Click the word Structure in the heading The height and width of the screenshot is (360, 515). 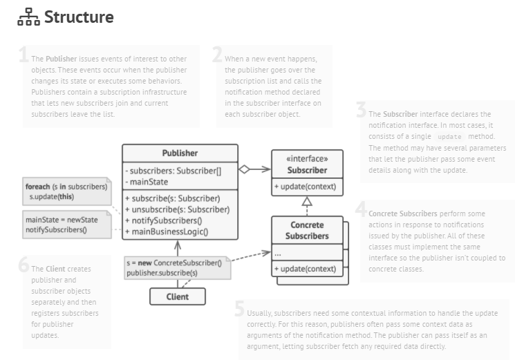(x=79, y=17)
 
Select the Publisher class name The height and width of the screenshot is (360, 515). (x=180, y=153)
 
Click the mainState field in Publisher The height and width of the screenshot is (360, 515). (x=149, y=182)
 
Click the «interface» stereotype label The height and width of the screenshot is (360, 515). (x=306, y=158)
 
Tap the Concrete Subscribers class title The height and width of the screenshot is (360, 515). (x=306, y=231)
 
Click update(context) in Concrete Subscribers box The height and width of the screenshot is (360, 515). (x=306, y=268)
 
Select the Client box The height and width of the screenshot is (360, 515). (x=178, y=296)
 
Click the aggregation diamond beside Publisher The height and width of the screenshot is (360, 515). (x=243, y=169)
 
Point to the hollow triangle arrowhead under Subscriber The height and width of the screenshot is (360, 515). (x=306, y=201)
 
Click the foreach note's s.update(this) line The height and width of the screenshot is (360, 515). (x=53, y=197)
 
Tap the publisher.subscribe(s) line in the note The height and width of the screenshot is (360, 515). (x=162, y=273)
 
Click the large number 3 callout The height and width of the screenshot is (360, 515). (x=361, y=110)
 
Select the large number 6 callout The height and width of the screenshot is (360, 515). (x=24, y=265)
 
